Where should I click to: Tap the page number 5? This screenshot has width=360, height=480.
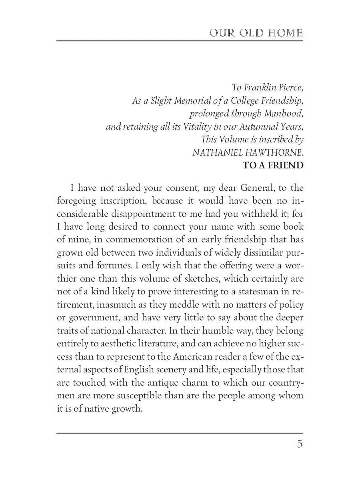point(300,444)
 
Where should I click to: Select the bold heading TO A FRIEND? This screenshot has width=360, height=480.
point(273,165)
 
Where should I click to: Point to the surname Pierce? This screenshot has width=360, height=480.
point(290,87)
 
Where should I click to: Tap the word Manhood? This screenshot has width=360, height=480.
point(284,114)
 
